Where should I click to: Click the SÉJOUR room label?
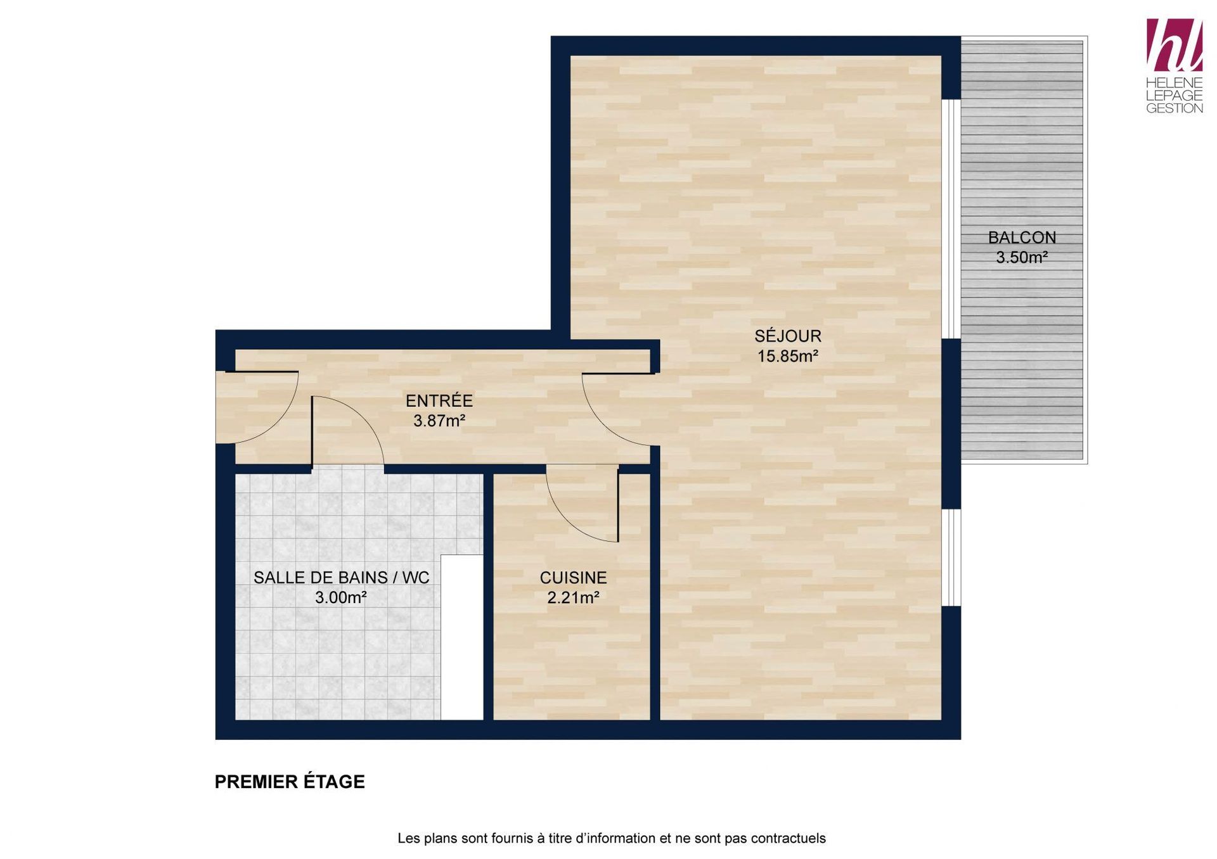pos(788,336)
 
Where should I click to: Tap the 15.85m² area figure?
pos(788,356)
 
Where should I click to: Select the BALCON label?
pos(1022,238)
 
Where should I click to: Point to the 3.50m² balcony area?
pos(1022,257)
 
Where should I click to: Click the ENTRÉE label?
pos(439,400)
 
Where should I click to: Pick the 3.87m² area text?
pos(439,421)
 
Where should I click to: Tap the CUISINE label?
pos(573,578)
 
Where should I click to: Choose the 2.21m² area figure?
pos(573,597)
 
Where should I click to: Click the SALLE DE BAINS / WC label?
pos(341,578)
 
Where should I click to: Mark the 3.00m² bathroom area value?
pos(341,597)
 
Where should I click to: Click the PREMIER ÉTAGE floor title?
pos(290,782)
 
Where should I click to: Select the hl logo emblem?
pos(1175,44)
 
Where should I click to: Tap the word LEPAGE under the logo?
pos(1175,95)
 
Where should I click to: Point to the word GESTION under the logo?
pos(1175,108)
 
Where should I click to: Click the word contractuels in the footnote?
pos(788,838)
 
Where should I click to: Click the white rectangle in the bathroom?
pos(462,637)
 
